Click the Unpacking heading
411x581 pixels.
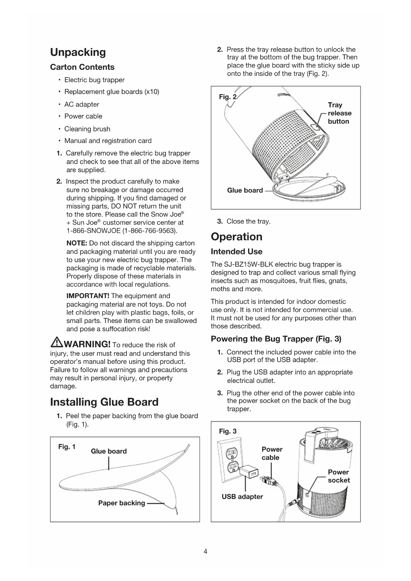78,52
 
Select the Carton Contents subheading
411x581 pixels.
82,67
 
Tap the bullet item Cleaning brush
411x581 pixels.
87,129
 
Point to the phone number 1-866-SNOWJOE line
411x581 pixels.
122,231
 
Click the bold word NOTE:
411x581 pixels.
77,243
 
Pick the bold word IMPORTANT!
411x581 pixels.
88,296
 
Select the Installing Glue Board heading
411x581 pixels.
104,402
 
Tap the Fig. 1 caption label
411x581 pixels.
67,447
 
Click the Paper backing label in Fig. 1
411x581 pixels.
122,503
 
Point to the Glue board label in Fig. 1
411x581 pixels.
109,451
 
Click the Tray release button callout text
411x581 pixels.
339,113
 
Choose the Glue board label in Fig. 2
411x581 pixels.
245,190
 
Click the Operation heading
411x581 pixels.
236,237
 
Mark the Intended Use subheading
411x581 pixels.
236,252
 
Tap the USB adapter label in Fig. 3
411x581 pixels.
242,497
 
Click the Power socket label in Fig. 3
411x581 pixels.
338,476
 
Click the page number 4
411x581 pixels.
205,552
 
